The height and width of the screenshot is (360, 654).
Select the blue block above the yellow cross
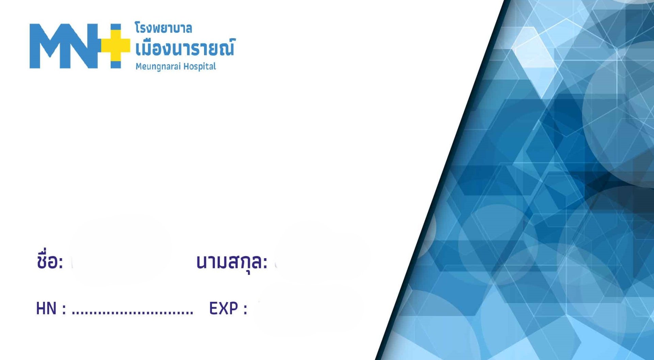[116, 27]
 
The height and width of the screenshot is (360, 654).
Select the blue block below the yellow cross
[116, 65]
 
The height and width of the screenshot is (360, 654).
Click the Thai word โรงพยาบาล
[163, 28]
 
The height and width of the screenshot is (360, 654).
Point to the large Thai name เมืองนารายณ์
[185, 48]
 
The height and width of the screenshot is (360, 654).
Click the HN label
[46, 309]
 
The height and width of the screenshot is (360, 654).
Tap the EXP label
[223, 309]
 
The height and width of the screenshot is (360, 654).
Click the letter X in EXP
[223, 309]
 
